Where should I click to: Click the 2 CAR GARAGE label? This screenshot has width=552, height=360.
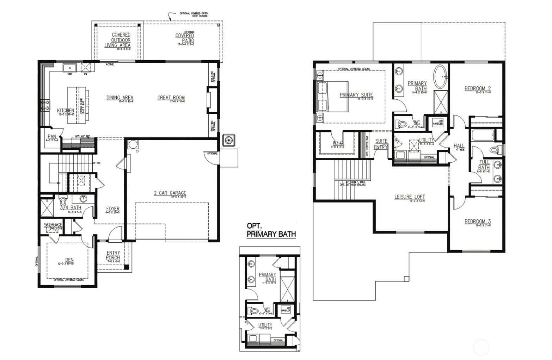(170, 193)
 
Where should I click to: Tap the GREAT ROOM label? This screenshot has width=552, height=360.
(171, 98)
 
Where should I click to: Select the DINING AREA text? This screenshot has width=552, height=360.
(120, 98)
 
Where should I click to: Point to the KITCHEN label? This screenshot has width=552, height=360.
(66, 111)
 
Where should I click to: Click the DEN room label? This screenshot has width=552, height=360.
(69, 260)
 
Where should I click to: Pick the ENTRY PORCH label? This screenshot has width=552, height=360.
(113, 255)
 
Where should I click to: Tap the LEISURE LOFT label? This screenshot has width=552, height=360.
(410, 197)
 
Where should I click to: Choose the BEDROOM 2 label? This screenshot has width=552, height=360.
(478, 88)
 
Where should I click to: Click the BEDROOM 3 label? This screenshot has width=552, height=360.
(478, 222)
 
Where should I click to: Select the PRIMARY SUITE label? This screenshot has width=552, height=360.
(356, 95)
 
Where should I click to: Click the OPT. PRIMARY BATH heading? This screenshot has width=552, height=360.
(271, 230)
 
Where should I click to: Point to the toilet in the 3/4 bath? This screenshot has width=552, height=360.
(63, 202)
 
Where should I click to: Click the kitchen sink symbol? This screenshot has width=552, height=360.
(70, 67)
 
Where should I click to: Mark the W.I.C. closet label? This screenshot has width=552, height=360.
(338, 143)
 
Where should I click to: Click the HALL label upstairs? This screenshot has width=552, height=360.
(459, 146)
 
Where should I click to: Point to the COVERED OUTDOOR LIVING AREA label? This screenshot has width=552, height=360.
(118, 40)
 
